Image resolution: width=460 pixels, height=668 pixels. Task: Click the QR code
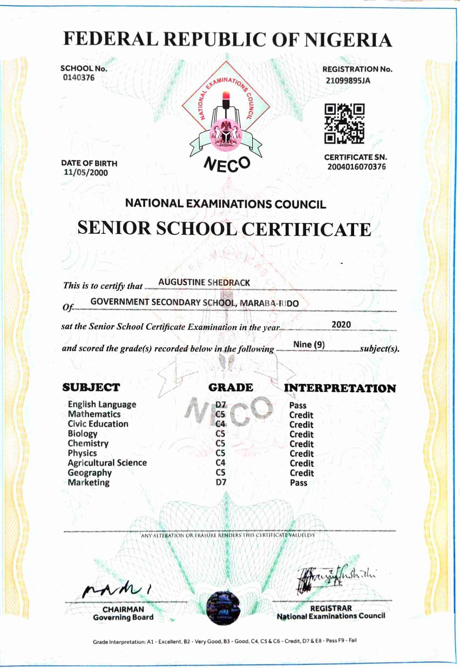[344, 124]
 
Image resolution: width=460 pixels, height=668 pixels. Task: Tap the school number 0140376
[79, 78]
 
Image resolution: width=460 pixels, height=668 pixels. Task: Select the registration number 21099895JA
[350, 80]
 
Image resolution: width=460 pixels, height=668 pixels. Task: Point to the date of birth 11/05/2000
[85, 173]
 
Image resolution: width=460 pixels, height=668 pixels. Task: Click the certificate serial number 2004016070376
[356, 167]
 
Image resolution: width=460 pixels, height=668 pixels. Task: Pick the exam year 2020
[341, 325]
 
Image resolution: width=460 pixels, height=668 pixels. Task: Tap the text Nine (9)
[308, 345]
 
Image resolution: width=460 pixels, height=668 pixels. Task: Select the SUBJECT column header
[91, 387]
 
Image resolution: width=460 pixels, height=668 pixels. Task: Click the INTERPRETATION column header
[340, 388]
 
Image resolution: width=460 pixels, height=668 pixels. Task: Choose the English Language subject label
[102, 404]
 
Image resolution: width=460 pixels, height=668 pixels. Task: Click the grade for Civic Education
[220, 424]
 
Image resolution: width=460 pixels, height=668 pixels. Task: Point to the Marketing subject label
[89, 482]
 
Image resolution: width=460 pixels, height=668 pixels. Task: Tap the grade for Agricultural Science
[220, 463]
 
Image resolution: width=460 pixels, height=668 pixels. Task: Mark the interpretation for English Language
[298, 405]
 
